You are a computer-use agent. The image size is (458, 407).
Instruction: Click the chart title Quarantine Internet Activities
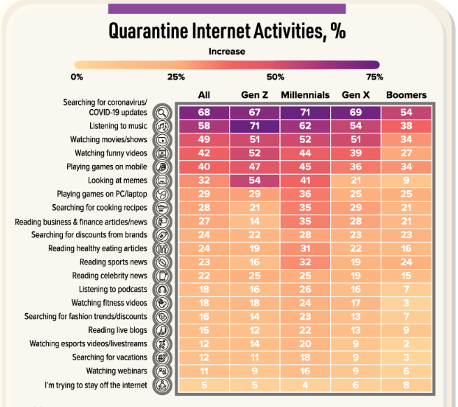(x=227, y=31)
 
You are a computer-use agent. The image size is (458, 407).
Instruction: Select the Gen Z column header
(x=253, y=95)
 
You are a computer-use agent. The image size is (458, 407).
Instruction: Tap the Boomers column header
(x=406, y=95)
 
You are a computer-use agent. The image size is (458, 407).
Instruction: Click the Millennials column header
(x=305, y=95)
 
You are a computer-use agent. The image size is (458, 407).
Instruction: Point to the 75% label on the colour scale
(x=374, y=76)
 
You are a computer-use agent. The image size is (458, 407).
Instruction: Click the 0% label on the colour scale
(x=77, y=76)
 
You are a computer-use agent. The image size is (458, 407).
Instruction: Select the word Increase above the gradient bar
(x=227, y=51)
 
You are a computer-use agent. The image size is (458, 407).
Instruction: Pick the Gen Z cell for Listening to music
(x=253, y=126)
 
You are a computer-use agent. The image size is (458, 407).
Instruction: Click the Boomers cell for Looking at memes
(x=406, y=180)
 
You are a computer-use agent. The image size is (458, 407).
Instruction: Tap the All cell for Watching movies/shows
(x=203, y=140)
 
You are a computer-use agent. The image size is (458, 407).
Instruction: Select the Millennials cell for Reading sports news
(x=305, y=262)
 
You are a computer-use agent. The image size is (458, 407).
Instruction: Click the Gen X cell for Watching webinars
(x=355, y=371)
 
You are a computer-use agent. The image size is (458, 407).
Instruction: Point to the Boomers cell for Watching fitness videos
(x=406, y=303)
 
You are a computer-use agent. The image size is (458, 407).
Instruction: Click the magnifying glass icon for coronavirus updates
(x=162, y=113)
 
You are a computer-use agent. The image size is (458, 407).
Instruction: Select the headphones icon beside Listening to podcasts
(x=162, y=289)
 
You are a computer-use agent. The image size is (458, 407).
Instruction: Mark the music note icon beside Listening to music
(x=162, y=127)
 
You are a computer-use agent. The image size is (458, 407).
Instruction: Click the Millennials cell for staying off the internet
(x=305, y=385)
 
